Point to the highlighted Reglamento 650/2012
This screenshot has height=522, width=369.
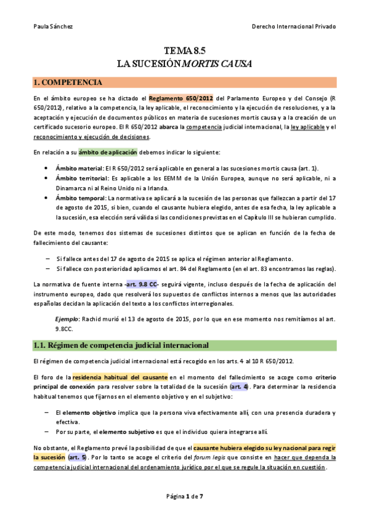[180, 98]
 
